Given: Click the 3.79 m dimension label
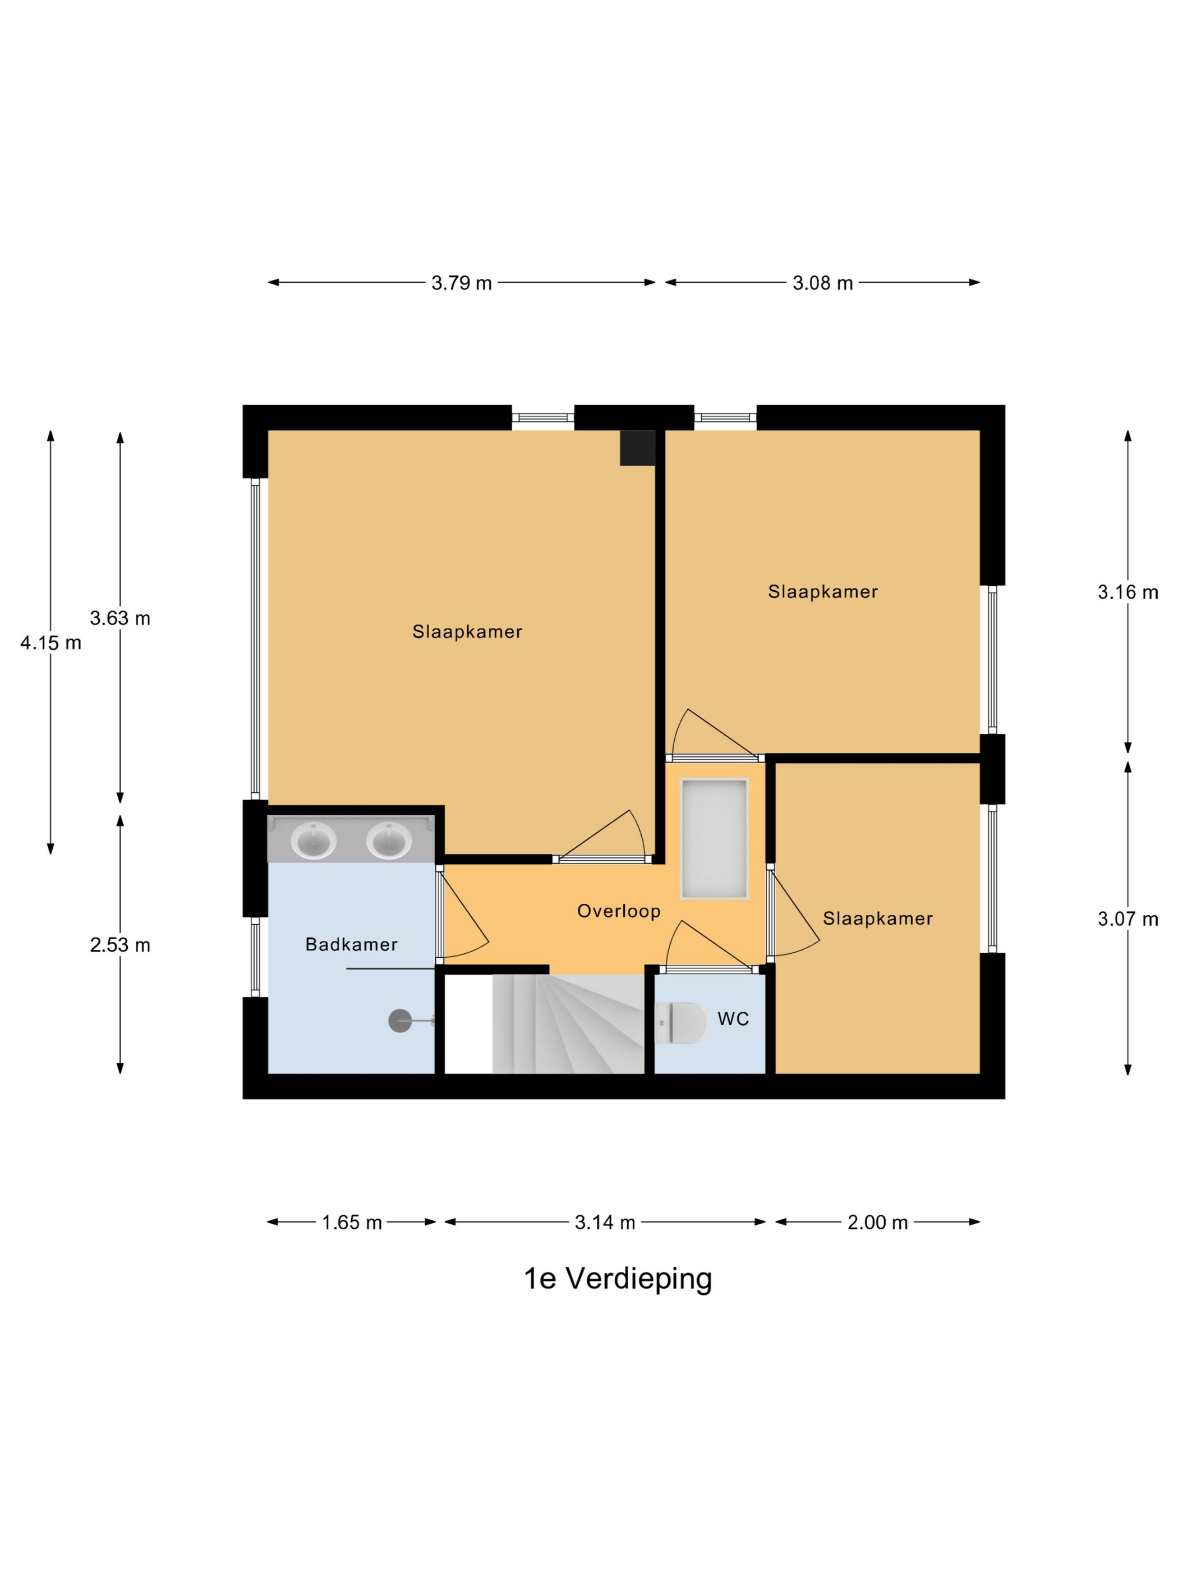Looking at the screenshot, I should [x=461, y=283].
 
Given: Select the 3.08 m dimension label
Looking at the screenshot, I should [x=822, y=283].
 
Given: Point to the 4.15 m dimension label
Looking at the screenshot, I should [x=50, y=643].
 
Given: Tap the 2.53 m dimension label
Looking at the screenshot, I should [x=120, y=945].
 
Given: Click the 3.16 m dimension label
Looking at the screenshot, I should [x=1127, y=591].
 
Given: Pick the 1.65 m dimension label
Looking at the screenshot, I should [x=352, y=1222].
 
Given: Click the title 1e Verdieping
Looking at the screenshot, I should [x=617, y=1278].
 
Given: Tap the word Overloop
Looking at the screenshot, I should [x=619, y=911].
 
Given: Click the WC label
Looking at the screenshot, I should [x=733, y=1019].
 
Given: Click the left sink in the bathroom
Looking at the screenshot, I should [x=313, y=840].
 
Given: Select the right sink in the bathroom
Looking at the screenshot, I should [x=388, y=840].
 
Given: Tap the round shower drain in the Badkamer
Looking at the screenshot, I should [x=400, y=1021].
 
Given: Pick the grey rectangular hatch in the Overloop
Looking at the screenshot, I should [x=714, y=839].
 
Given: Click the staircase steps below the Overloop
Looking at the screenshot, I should [x=568, y=1023].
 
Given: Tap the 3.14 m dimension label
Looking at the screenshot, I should [x=604, y=1222].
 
